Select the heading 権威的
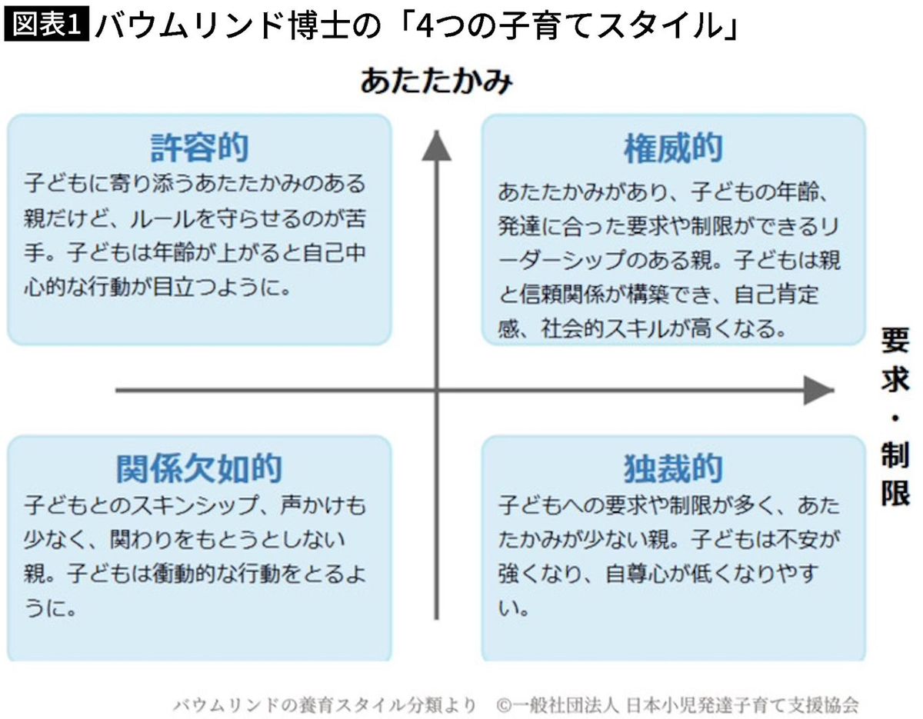[673, 149]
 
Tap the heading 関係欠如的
[199, 468]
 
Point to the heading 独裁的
[673, 468]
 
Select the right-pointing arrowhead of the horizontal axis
[819, 391]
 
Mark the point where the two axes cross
[436, 391]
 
